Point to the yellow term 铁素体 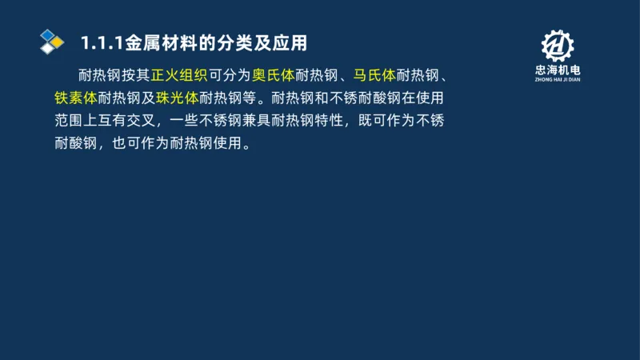[76, 99]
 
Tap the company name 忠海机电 [558, 70]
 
